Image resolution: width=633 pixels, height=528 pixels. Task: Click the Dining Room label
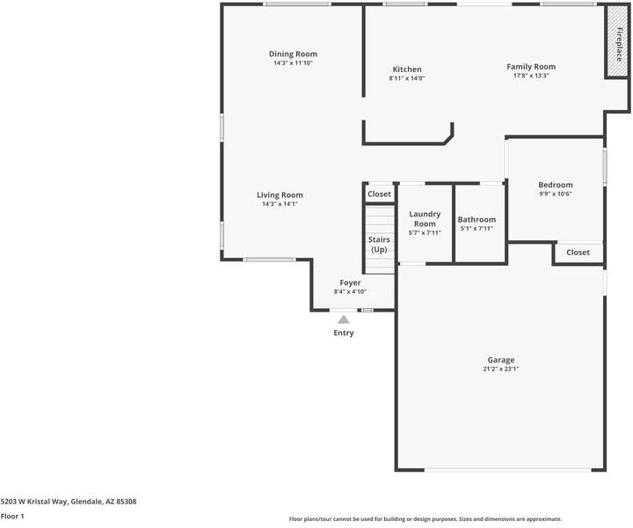(x=293, y=54)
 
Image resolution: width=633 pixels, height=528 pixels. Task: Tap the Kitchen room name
(x=406, y=70)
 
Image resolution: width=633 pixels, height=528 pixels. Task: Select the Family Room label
(x=531, y=67)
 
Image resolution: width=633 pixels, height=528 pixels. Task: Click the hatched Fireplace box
(x=617, y=43)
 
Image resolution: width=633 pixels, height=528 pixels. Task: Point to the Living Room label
(x=280, y=195)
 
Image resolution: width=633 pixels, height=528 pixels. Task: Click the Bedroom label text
(x=555, y=185)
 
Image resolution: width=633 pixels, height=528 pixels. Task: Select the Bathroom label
(x=477, y=220)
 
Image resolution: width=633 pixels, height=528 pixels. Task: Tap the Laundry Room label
(x=425, y=218)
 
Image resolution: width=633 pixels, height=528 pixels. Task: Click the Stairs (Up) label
(x=379, y=245)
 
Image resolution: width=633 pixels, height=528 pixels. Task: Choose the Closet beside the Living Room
(x=379, y=194)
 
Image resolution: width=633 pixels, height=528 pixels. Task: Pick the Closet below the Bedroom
(x=578, y=253)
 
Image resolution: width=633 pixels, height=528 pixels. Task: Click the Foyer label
(x=350, y=282)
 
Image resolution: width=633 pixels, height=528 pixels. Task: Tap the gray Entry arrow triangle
(x=344, y=319)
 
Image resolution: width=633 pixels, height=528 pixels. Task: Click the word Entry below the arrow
(x=344, y=333)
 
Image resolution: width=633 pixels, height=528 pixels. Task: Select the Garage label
(x=501, y=360)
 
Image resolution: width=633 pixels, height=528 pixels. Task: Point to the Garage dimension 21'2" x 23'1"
(x=501, y=370)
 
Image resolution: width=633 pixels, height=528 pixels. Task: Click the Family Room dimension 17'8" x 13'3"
(x=531, y=76)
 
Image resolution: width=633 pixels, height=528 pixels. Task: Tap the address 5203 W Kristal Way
(x=69, y=502)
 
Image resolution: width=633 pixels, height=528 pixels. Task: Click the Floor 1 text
(x=12, y=517)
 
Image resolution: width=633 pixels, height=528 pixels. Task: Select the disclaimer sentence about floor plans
(x=426, y=519)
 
